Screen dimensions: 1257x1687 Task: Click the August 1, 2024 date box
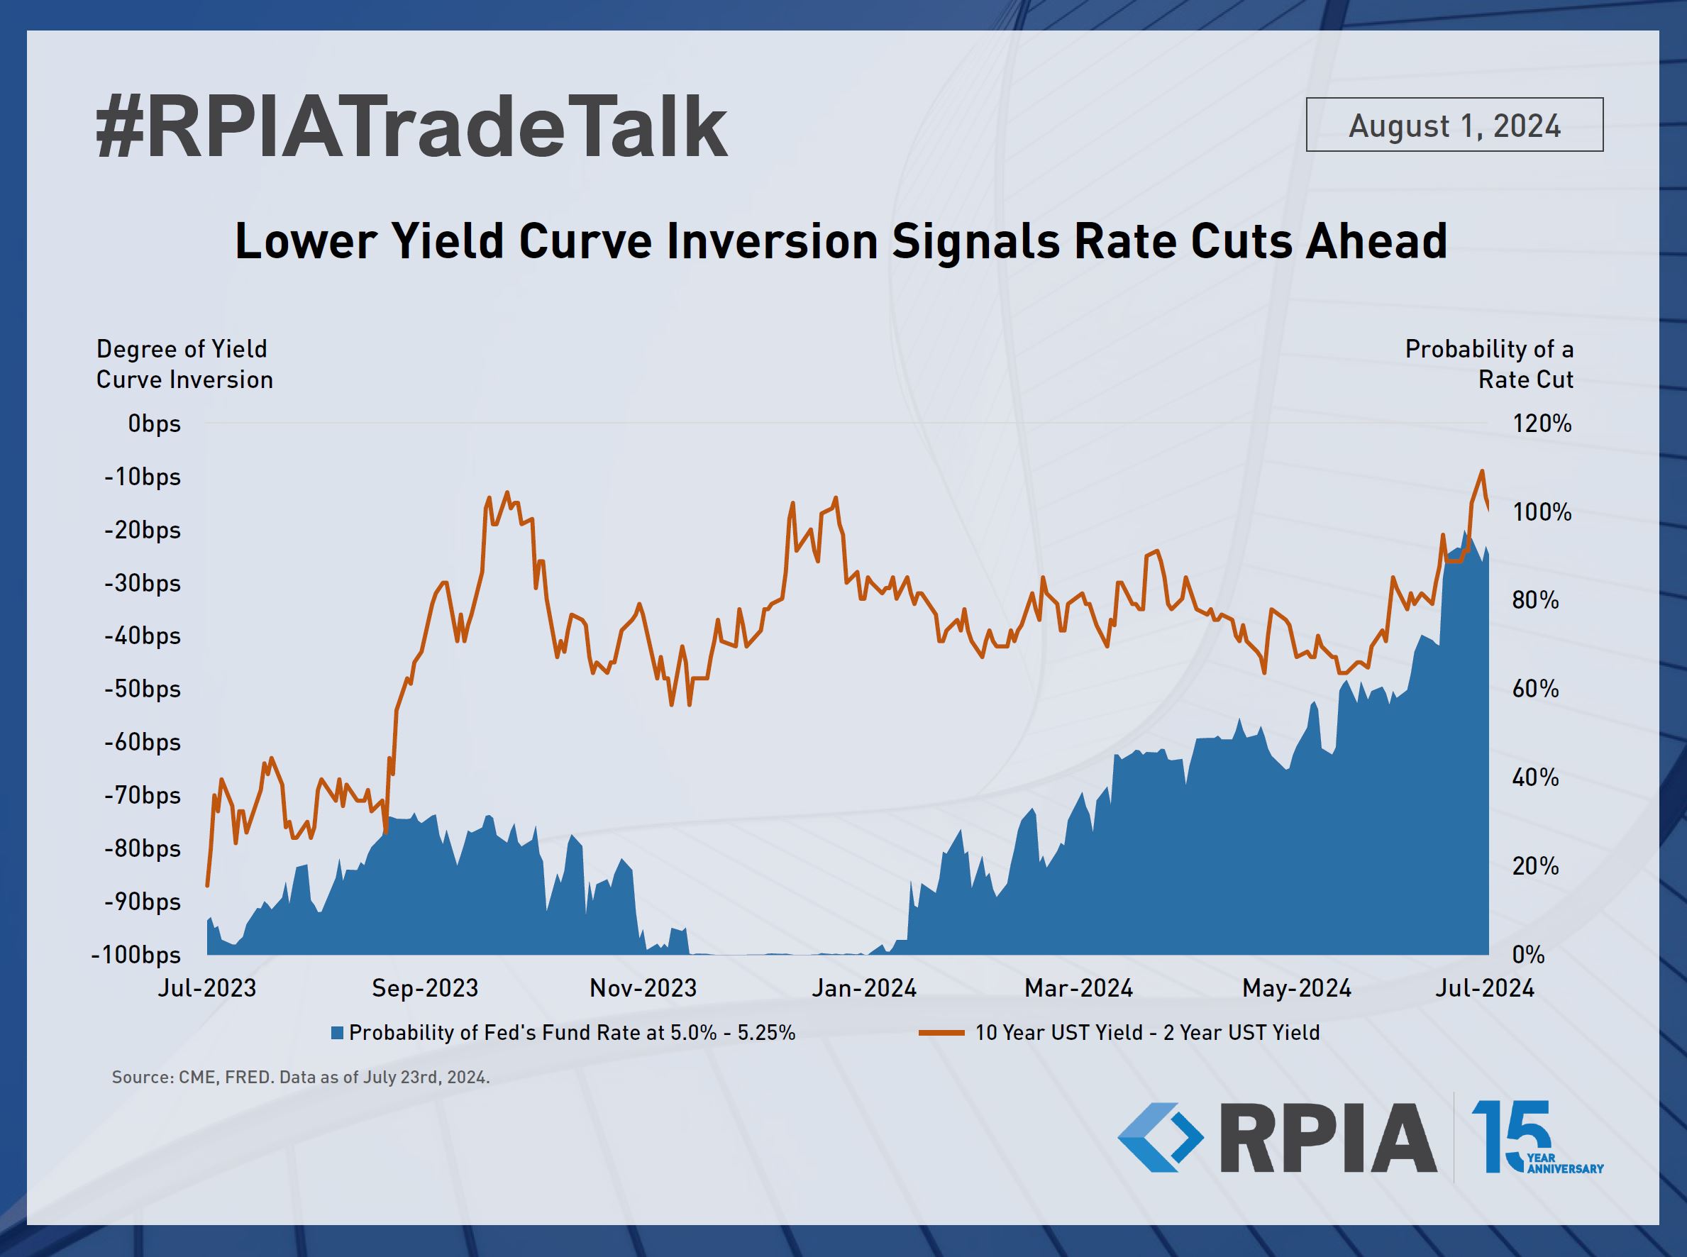click(1454, 125)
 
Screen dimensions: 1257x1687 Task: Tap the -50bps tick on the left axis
click(143, 690)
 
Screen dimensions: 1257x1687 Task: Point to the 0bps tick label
click(155, 423)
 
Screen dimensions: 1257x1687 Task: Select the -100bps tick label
click(135, 955)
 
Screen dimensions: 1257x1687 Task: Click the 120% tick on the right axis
click(1542, 423)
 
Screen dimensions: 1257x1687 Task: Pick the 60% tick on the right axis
click(1536, 690)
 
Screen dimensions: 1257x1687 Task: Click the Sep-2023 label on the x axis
click(425, 988)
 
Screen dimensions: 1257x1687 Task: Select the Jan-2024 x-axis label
click(863, 988)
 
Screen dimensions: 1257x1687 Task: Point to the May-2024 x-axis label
click(1297, 988)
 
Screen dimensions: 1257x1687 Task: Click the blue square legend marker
click(338, 1034)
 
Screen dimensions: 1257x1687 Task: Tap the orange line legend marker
click(941, 1034)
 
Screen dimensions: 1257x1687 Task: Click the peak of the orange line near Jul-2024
click(1481, 471)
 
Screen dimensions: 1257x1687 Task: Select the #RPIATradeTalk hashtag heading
click(411, 128)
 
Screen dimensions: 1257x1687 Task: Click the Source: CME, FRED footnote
click(301, 1078)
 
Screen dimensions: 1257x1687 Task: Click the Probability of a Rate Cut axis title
click(1489, 364)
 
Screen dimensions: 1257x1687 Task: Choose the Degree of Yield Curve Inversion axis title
click(184, 364)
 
